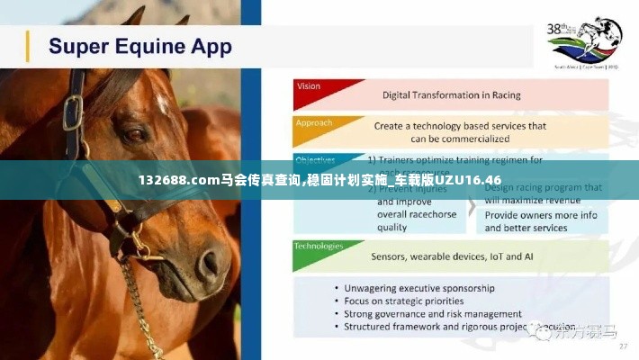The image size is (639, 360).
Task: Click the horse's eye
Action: pyautogui.click(x=135, y=135)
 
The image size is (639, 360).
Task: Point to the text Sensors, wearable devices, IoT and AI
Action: pyautogui.click(x=452, y=256)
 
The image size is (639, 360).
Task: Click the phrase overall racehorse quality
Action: pyautogui.click(x=417, y=221)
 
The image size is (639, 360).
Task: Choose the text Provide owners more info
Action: pyautogui.click(x=541, y=216)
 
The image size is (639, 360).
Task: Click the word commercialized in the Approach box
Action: pyautogui.click(x=460, y=139)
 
